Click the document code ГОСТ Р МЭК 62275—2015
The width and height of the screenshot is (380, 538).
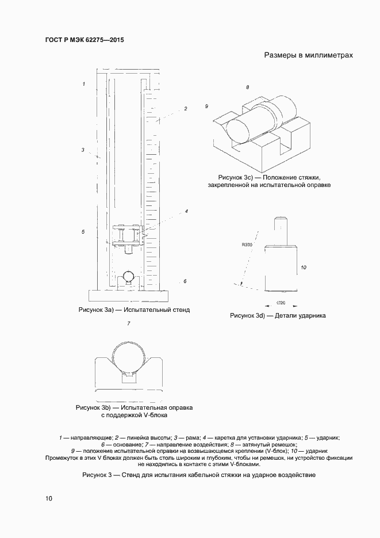tap(84, 41)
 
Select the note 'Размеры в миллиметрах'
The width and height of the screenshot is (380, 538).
tap(308, 56)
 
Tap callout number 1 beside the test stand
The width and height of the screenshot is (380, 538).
tap(84, 85)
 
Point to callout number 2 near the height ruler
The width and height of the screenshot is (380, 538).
tap(186, 108)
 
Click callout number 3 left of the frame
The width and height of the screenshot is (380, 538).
tap(83, 150)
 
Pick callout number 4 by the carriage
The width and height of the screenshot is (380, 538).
tap(186, 211)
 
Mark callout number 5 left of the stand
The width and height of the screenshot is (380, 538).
tap(83, 232)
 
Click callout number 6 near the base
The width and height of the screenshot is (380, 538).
tap(185, 281)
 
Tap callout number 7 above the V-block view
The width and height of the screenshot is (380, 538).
tap(128, 323)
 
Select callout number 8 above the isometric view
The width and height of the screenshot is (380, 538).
tap(247, 87)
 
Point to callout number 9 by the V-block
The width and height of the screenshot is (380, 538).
tap(206, 106)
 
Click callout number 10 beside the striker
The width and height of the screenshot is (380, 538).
tap(304, 268)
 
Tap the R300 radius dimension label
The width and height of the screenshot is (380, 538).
tap(247, 245)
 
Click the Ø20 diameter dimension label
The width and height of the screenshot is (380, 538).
tap(281, 302)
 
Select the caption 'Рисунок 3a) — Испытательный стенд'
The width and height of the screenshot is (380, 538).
tap(133, 310)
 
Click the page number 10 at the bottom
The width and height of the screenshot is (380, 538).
tap(49, 498)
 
